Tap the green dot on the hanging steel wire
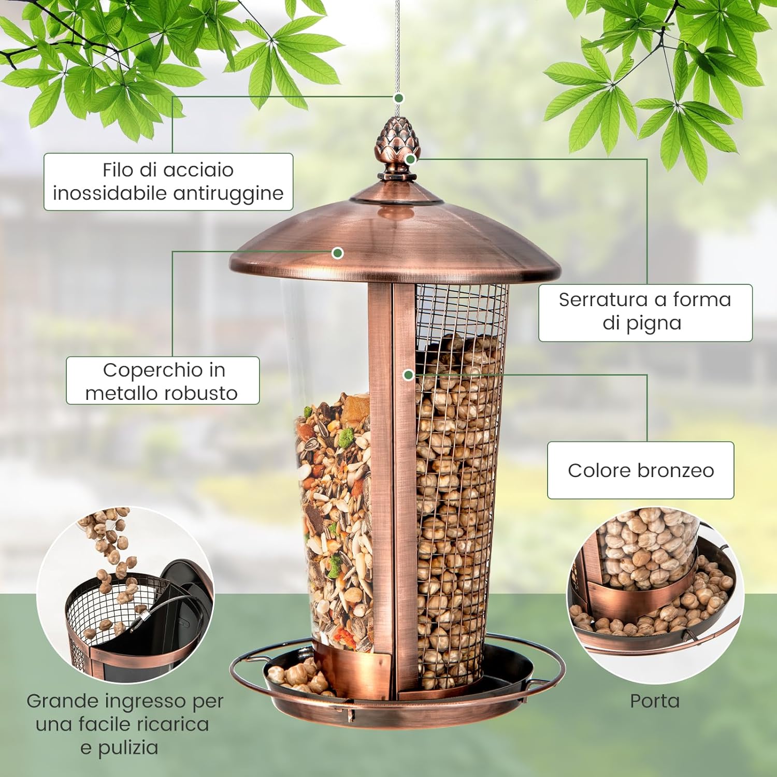(x=398, y=97)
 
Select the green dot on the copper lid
(x=338, y=253)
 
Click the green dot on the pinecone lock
(x=410, y=159)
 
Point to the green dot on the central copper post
(x=408, y=375)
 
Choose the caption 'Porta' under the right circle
(x=654, y=701)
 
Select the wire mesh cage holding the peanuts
(x=458, y=466)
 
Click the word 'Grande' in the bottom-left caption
(x=62, y=701)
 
